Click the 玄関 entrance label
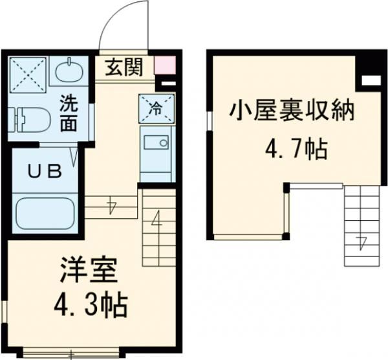125,67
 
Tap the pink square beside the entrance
164,66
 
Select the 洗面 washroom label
68,111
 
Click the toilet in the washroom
29,118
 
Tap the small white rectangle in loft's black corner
369,80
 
